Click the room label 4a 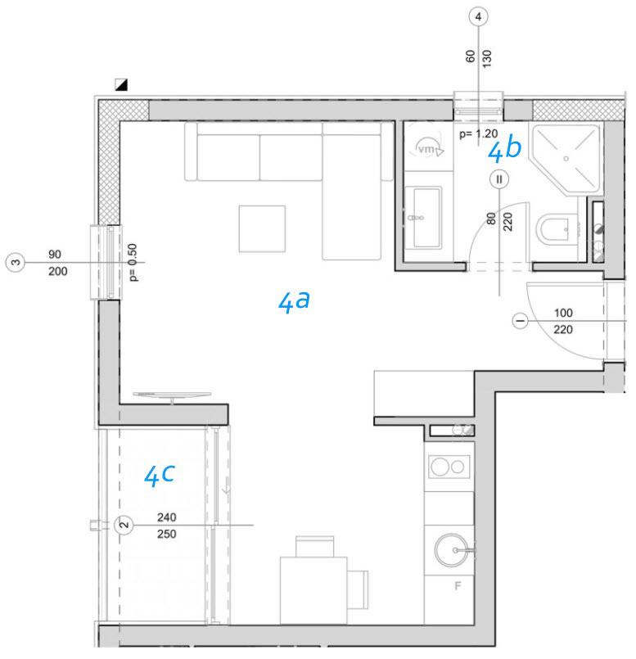pyautogui.click(x=294, y=301)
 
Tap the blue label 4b pyautogui.click(x=504, y=148)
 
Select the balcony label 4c pyautogui.click(x=159, y=475)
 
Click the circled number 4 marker pyautogui.click(x=478, y=17)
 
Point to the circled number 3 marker pyautogui.click(x=15, y=263)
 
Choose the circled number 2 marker pyautogui.click(x=124, y=525)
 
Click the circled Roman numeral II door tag pyautogui.click(x=499, y=179)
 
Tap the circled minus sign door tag pyautogui.click(x=521, y=321)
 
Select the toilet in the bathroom pyautogui.click(x=557, y=229)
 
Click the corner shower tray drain pyautogui.click(x=566, y=159)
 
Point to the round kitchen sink pyautogui.click(x=451, y=550)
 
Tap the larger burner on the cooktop pyautogui.click(x=440, y=467)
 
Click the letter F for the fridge pyautogui.click(x=458, y=585)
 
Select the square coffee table pyautogui.click(x=262, y=228)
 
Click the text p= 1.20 pyautogui.click(x=478, y=134)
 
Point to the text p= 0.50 pyautogui.click(x=133, y=263)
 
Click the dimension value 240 pyautogui.click(x=166, y=517)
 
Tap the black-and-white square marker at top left pyautogui.click(x=121, y=84)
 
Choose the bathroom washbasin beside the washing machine pyautogui.click(x=427, y=217)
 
